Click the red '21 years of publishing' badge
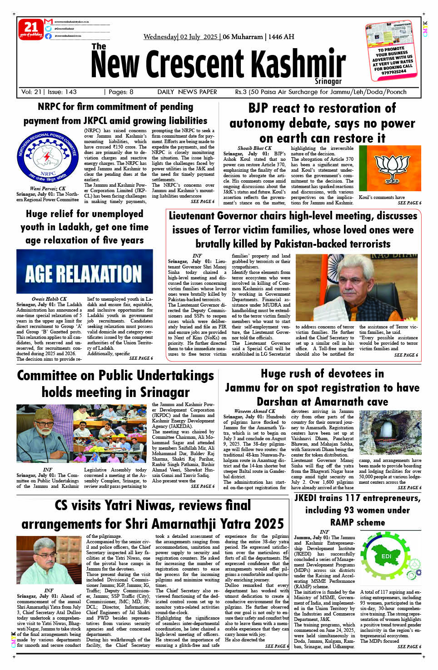point(31,29)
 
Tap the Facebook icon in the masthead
point(48,36)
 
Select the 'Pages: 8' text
point(119,92)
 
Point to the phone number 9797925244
point(394,72)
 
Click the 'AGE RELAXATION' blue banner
point(85,272)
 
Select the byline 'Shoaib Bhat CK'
point(254,148)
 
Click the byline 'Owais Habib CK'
point(49,299)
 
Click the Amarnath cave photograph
point(390,432)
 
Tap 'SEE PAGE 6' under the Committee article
point(202,486)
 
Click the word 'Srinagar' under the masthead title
point(328,81)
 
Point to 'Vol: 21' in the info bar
point(31,92)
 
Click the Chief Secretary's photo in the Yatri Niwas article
point(49,559)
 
